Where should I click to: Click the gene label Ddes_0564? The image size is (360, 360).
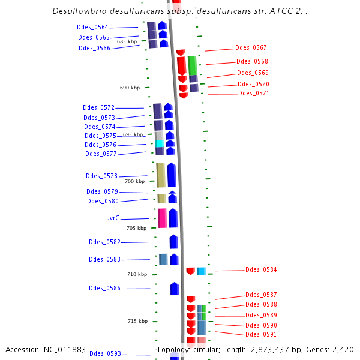[92, 27]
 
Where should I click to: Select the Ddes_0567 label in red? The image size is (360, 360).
[251, 47]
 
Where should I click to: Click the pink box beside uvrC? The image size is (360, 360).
[162, 218]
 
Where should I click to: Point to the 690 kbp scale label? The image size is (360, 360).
[130, 88]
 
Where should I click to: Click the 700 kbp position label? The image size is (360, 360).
[134, 181]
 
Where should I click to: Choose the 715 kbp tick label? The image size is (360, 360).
[137, 321]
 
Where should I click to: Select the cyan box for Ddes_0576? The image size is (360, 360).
[160, 144]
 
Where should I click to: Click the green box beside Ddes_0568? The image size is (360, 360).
[192, 65]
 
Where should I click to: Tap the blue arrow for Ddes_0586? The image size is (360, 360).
[175, 289]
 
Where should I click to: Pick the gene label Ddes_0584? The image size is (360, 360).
[261, 270]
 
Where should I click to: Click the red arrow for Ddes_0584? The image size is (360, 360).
[190, 271]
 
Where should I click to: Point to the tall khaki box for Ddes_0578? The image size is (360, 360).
[161, 175]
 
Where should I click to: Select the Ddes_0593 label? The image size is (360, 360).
[105, 354]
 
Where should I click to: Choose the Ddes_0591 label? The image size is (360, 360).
[261, 334]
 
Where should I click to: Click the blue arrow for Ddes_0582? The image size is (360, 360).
[174, 242]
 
